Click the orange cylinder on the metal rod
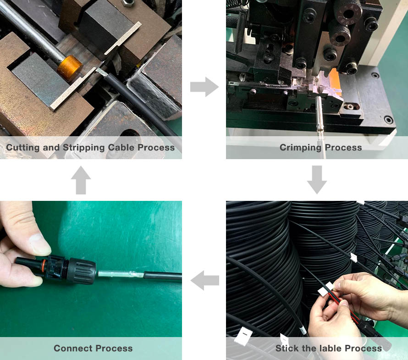pyautogui.click(x=70, y=68)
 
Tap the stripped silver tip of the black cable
pyautogui.click(x=101, y=72)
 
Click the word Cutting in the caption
pyautogui.click(x=23, y=148)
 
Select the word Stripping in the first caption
pyautogui.click(x=84, y=148)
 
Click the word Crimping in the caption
pyautogui.click(x=301, y=148)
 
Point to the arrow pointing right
pyautogui.click(x=204, y=87)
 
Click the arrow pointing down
pyautogui.click(x=317, y=180)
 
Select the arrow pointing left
pyautogui.click(x=205, y=280)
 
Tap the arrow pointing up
pyautogui.click(x=81, y=180)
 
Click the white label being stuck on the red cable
pyautogui.click(x=326, y=289)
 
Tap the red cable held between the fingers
pyautogui.click(x=344, y=307)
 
